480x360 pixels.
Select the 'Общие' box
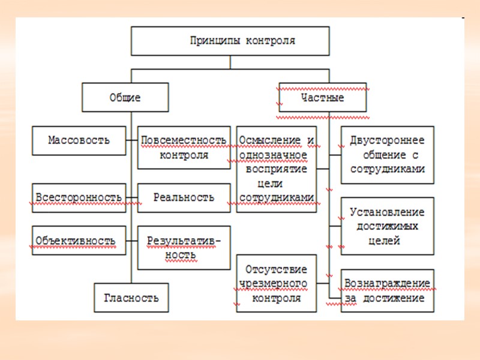pos(125,97)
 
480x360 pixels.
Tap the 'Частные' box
pos(322,97)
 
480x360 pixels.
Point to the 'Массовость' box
pos(79,140)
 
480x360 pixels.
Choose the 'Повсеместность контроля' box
pos(184,147)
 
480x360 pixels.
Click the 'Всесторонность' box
pos(79,197)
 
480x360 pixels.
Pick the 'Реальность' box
pos(184,197)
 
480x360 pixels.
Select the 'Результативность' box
pos(184,247)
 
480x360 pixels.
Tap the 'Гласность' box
pos(131,298)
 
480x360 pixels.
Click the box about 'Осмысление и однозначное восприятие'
pos(276,169)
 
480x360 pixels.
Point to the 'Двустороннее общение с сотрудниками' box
pos(387,154)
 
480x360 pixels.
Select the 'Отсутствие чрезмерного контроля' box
pos(276,283)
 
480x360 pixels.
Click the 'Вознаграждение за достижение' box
pos(387,290)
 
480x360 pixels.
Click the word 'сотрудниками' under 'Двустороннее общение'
pos(387,169)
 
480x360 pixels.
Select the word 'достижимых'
pos(387,226)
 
